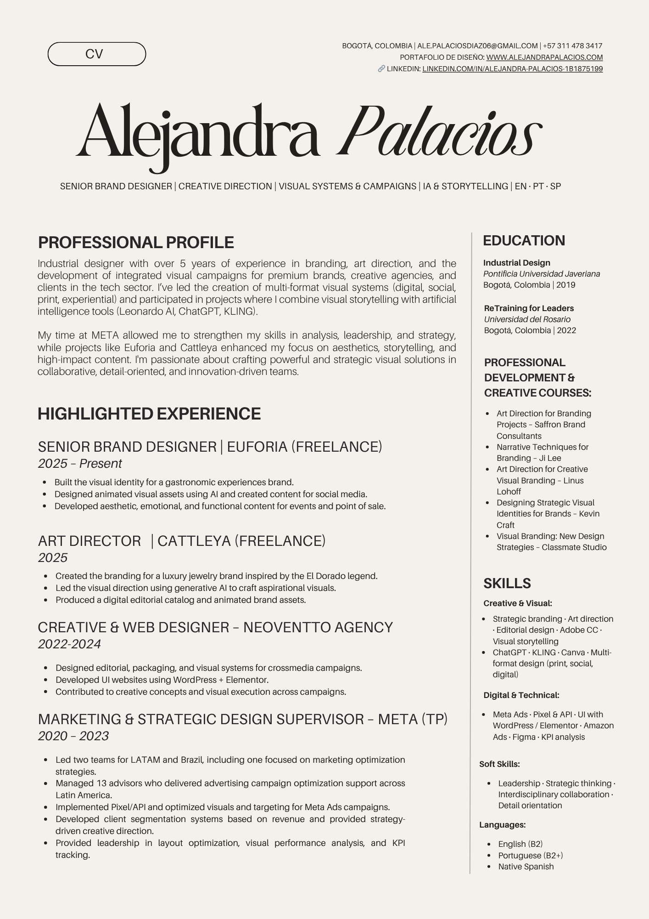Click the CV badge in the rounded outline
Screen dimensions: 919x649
tap(97, 54)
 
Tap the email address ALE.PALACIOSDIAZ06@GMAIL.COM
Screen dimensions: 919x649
tap(477, 46)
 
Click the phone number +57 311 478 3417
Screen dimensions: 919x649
tap(572, 46)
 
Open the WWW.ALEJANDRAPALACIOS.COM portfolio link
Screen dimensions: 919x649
tap(544, 57)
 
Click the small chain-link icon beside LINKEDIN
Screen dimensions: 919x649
tap(381, 69)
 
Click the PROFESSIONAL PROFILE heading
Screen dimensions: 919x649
tap(136, 242)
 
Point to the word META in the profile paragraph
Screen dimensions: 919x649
tap(105, 335)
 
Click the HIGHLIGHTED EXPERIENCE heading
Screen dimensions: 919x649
tap(149, 414)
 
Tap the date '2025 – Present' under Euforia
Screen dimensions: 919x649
tap(80, 464)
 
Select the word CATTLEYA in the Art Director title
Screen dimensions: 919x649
tap(194, 541)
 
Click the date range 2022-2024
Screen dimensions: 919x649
tap(69, 644)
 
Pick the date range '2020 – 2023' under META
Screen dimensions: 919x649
tap(73, 736)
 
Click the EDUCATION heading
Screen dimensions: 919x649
tap(524, 240)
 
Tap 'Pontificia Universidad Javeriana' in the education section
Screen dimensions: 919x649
tap(542, 274)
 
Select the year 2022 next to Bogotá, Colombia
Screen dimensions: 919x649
tap(566, 330)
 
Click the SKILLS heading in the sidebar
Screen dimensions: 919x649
tap(507, 583)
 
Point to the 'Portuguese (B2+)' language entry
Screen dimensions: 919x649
tap(530, 856)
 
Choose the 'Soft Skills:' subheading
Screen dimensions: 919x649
tap(499, 764)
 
